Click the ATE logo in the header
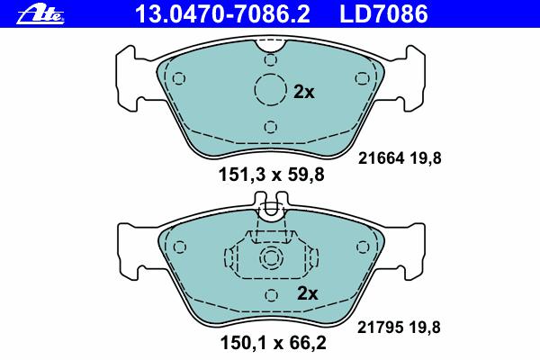point(40,16)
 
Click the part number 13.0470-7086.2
point(223,13)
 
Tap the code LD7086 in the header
point(383,13)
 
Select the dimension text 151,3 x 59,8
point(272,175)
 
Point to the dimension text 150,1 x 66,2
point(273,343)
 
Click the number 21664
point(381,158)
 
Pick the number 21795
point(380,328)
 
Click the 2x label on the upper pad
point(304,92)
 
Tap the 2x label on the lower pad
point(307,293)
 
